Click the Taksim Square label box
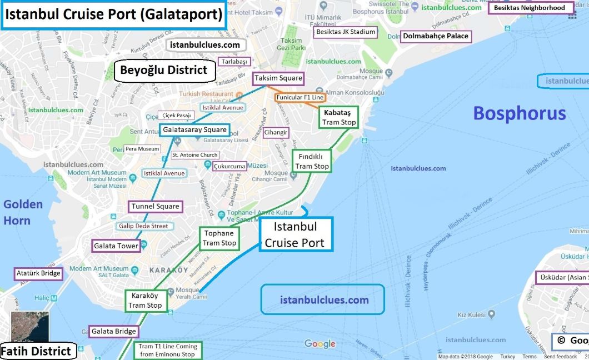[278, 78]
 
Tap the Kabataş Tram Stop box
[338, 117]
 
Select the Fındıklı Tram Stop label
[312, 161]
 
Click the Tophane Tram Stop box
[219, 238]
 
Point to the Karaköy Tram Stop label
[145, 301]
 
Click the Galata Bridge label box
[114, 332]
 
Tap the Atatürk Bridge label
[38, 273]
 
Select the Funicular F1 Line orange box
[300, 97]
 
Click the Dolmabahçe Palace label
[436, 37]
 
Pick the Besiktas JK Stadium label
[345, 32]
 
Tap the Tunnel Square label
[155, 207]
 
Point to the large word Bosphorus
[519, 113]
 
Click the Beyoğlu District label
[164, 71]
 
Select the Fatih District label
[36, 351]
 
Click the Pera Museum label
[142, 149]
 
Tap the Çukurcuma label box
[229, 166]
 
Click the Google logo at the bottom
[320, 344]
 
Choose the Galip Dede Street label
[143, 226]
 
